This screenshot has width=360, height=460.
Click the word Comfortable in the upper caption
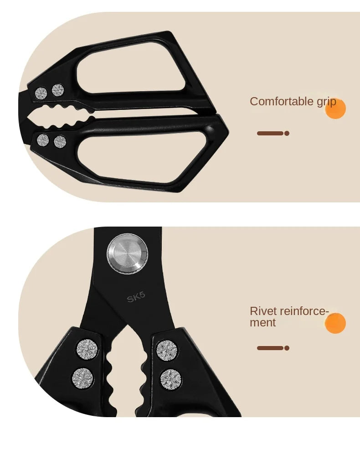pyautogui.click(x=282, y=102)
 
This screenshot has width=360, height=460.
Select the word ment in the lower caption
pyautogui.click(x=262, y=323)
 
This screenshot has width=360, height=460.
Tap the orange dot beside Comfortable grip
pyautogui.click(x=335, y=109)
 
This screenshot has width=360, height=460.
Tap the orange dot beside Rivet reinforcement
pyautogui.click(x=335, y=323)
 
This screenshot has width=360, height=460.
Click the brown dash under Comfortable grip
pyautogui.click(x=273, y=134)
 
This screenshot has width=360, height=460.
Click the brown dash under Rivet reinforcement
pyautogui.click(x=273, y=348)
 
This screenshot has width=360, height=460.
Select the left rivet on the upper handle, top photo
pyautogui.click(x=41, y=93)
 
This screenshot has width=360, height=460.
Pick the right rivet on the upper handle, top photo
pyautogui.click(x=58, y=90)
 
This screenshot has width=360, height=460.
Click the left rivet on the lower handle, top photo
pyautogui.click(x=43, y=140)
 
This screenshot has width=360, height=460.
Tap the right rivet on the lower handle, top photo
pyautogui.click(x=60, y=142)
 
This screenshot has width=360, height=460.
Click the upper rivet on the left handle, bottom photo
pyautogui.click(x=87, y=349)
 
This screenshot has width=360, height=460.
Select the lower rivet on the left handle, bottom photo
pyautogui.click(x=83, y=378)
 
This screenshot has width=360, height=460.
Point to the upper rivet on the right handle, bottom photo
pyautogui.click(x=167, y=351)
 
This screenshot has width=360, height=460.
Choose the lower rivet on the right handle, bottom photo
pyautogui.click(x=170, y=380)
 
